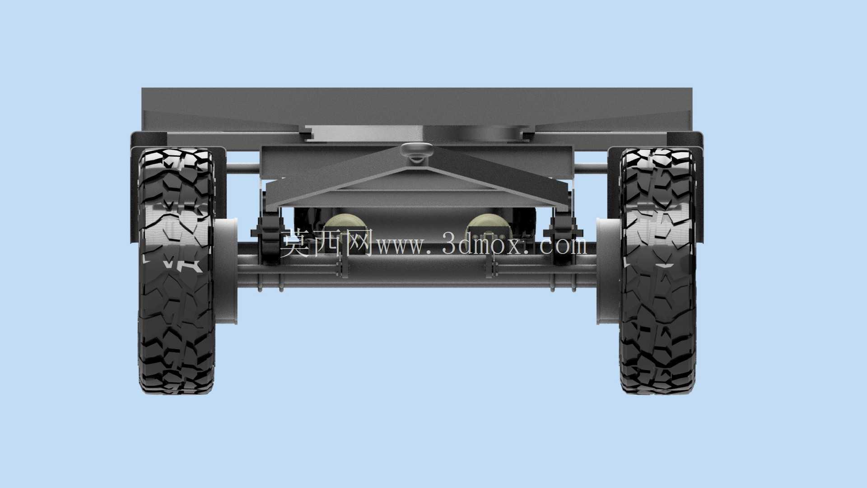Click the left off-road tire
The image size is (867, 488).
(176, 271)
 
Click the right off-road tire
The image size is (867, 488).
(658, 271)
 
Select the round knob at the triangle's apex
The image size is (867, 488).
(416, 151)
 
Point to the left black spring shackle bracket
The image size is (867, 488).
(269, 235)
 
